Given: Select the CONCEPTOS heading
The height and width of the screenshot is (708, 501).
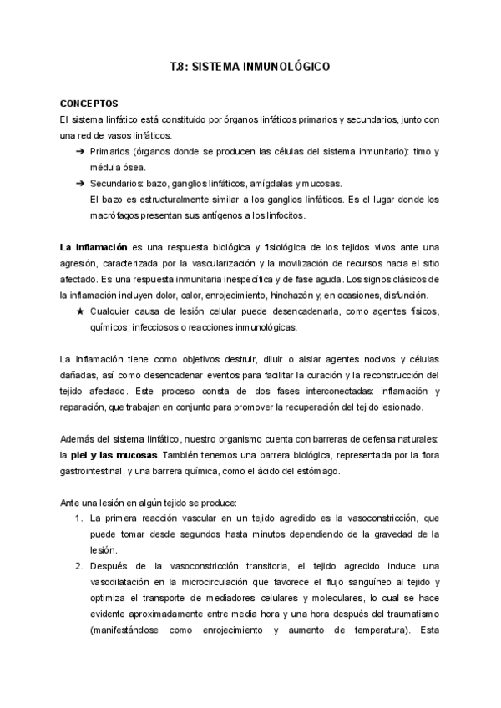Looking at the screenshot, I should pos(89,103).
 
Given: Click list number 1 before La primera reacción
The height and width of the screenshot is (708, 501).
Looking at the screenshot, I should pos(77,518).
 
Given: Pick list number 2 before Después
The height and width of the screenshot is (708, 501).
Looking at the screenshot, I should pos(77,566).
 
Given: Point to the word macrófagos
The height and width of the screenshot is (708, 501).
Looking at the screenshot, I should pos(114,215).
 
